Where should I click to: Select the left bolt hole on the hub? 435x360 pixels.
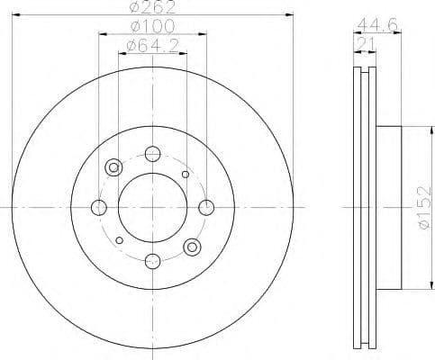(99, 208)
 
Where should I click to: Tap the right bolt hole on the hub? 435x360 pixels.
(206, 208)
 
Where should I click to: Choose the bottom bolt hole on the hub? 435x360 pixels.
(152, 261)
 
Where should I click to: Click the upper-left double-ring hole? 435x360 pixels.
(113, 167)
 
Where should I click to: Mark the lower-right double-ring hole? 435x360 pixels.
(191, 247)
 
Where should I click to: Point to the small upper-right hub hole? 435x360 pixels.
(186, 174)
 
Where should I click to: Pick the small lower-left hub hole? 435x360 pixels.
(119, 240)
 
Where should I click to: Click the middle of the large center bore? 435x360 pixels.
(152, 207)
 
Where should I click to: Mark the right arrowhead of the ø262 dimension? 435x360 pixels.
(291, 15)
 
